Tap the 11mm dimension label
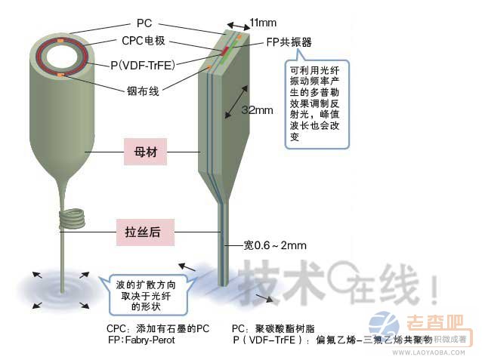tap(263, 23)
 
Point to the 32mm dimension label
tap(257, 110)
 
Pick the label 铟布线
tap(142, 93)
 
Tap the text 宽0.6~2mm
tap(275, 245)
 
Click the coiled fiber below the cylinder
tap(71, 220)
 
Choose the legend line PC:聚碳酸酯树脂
tap(279, 329)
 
